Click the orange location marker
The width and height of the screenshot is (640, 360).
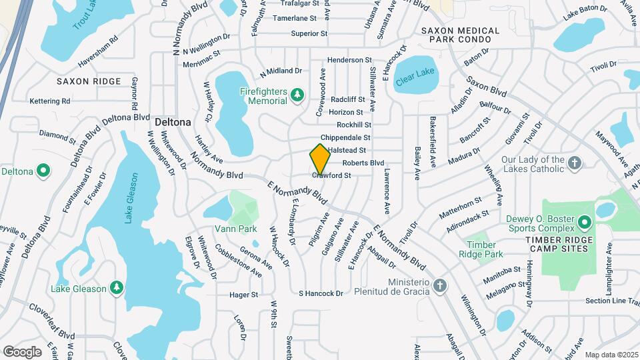(x=320, y=159)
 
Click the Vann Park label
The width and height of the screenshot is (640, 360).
(x=235, y=229)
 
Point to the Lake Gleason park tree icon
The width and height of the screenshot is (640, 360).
(x=117, y=287)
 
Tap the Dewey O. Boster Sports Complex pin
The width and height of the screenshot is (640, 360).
(x=585, y=221)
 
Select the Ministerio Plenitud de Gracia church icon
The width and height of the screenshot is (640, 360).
(x=439, y=286)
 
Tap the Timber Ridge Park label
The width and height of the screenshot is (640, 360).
(x=485, y=249)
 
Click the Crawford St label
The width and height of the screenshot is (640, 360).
(x=331, y=175)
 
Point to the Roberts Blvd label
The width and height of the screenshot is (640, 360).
(x=363, y=163)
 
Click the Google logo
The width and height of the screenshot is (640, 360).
(x=23, y=351)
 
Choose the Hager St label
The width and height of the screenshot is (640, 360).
(x=243, y=294)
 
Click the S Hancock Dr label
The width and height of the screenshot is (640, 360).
(x=321, y=293)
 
